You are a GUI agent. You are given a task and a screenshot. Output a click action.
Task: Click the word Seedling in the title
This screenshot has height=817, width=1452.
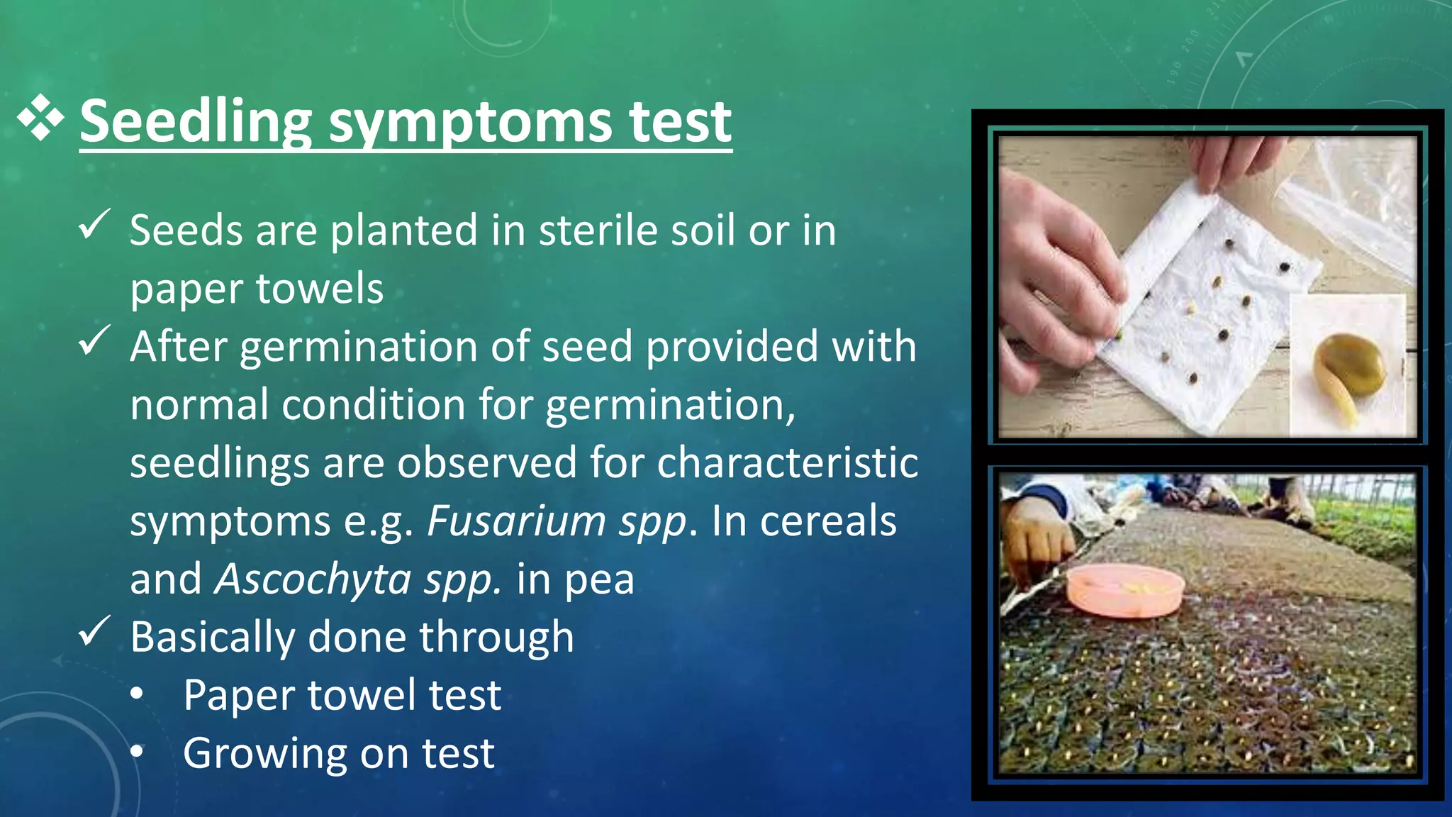pyautogui.click(x=196, y=122)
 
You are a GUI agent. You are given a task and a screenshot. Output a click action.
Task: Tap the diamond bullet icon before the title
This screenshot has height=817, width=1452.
pyautogui.click(x=40, y=117)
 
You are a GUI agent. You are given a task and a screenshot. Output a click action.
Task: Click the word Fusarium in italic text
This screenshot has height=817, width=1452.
pyautogui.click(x=516, y=521)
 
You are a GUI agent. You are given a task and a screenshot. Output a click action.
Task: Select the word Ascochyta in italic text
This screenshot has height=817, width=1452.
pyautogui.click(x=313, y=579)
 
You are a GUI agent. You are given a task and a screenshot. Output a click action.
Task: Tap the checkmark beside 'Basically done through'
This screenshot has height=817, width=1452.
pyautogui.click(x=94, y=631)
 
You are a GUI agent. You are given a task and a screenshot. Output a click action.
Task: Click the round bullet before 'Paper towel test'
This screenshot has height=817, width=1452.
pyautogui.click(x=138, y=694)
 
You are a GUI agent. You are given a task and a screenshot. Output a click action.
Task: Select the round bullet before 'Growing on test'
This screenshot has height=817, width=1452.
pyautogui.click(x=138, y=752)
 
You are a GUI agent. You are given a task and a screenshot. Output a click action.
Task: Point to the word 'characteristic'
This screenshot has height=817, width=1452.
pyautogui.click(x=788, y=463)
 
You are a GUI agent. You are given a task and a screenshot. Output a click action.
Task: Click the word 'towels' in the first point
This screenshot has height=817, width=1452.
pyautogui.click(x=319, y=289)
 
